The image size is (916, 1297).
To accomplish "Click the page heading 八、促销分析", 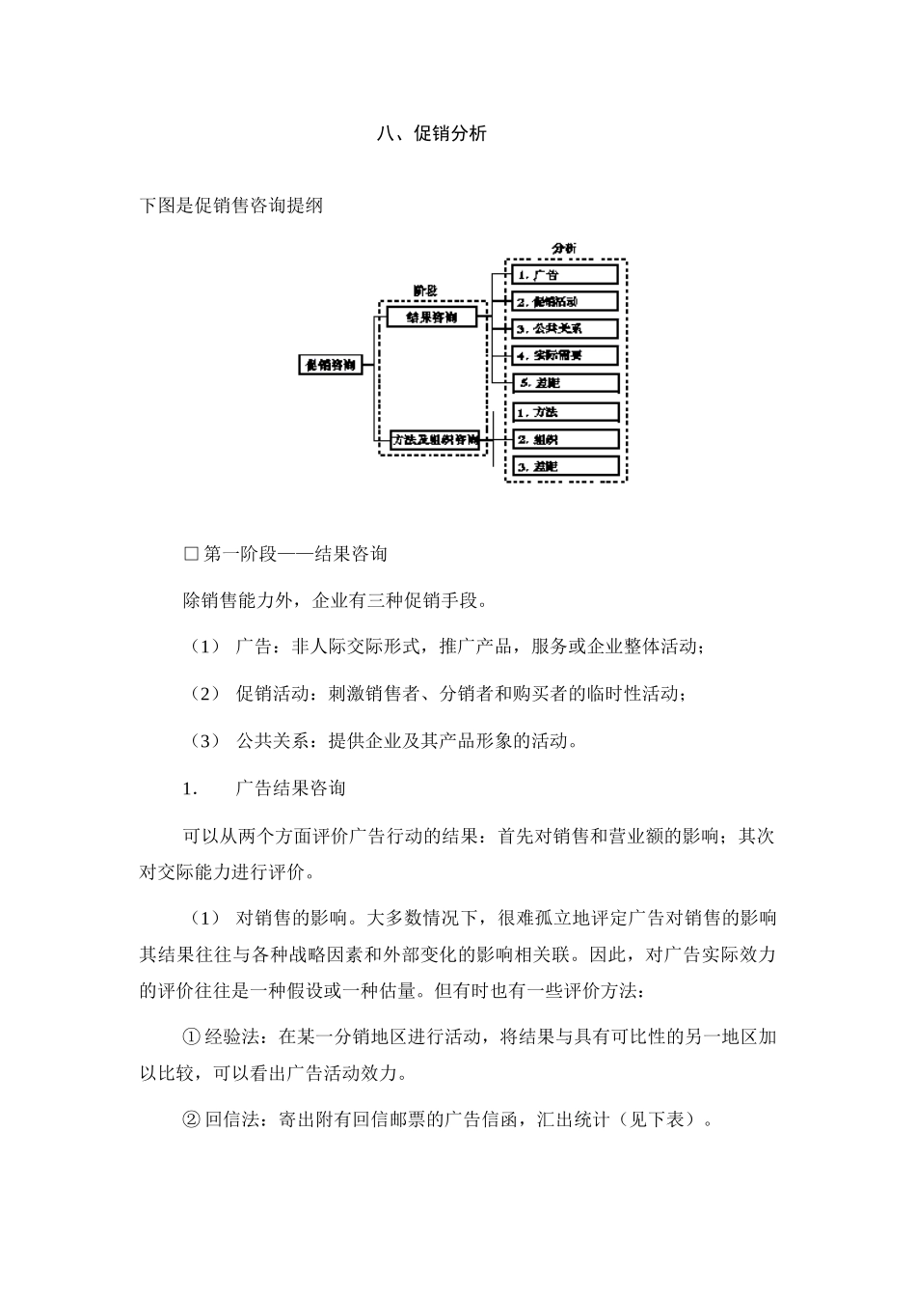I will tap(431, 134).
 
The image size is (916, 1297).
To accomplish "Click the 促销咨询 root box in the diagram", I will tap(330, 365).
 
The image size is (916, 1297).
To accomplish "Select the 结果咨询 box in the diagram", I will tap(431, 317).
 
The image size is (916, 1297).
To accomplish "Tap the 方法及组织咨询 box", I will tap(435, 440).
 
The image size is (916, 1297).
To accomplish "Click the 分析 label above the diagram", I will tap(564, 249).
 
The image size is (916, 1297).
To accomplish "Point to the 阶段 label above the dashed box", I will tap(425, 290).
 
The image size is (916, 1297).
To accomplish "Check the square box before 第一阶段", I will tap(190, 554).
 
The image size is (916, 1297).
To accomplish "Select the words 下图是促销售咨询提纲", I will tap(231, 206).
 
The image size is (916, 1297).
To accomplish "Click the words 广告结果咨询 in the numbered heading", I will tap(290, 788).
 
